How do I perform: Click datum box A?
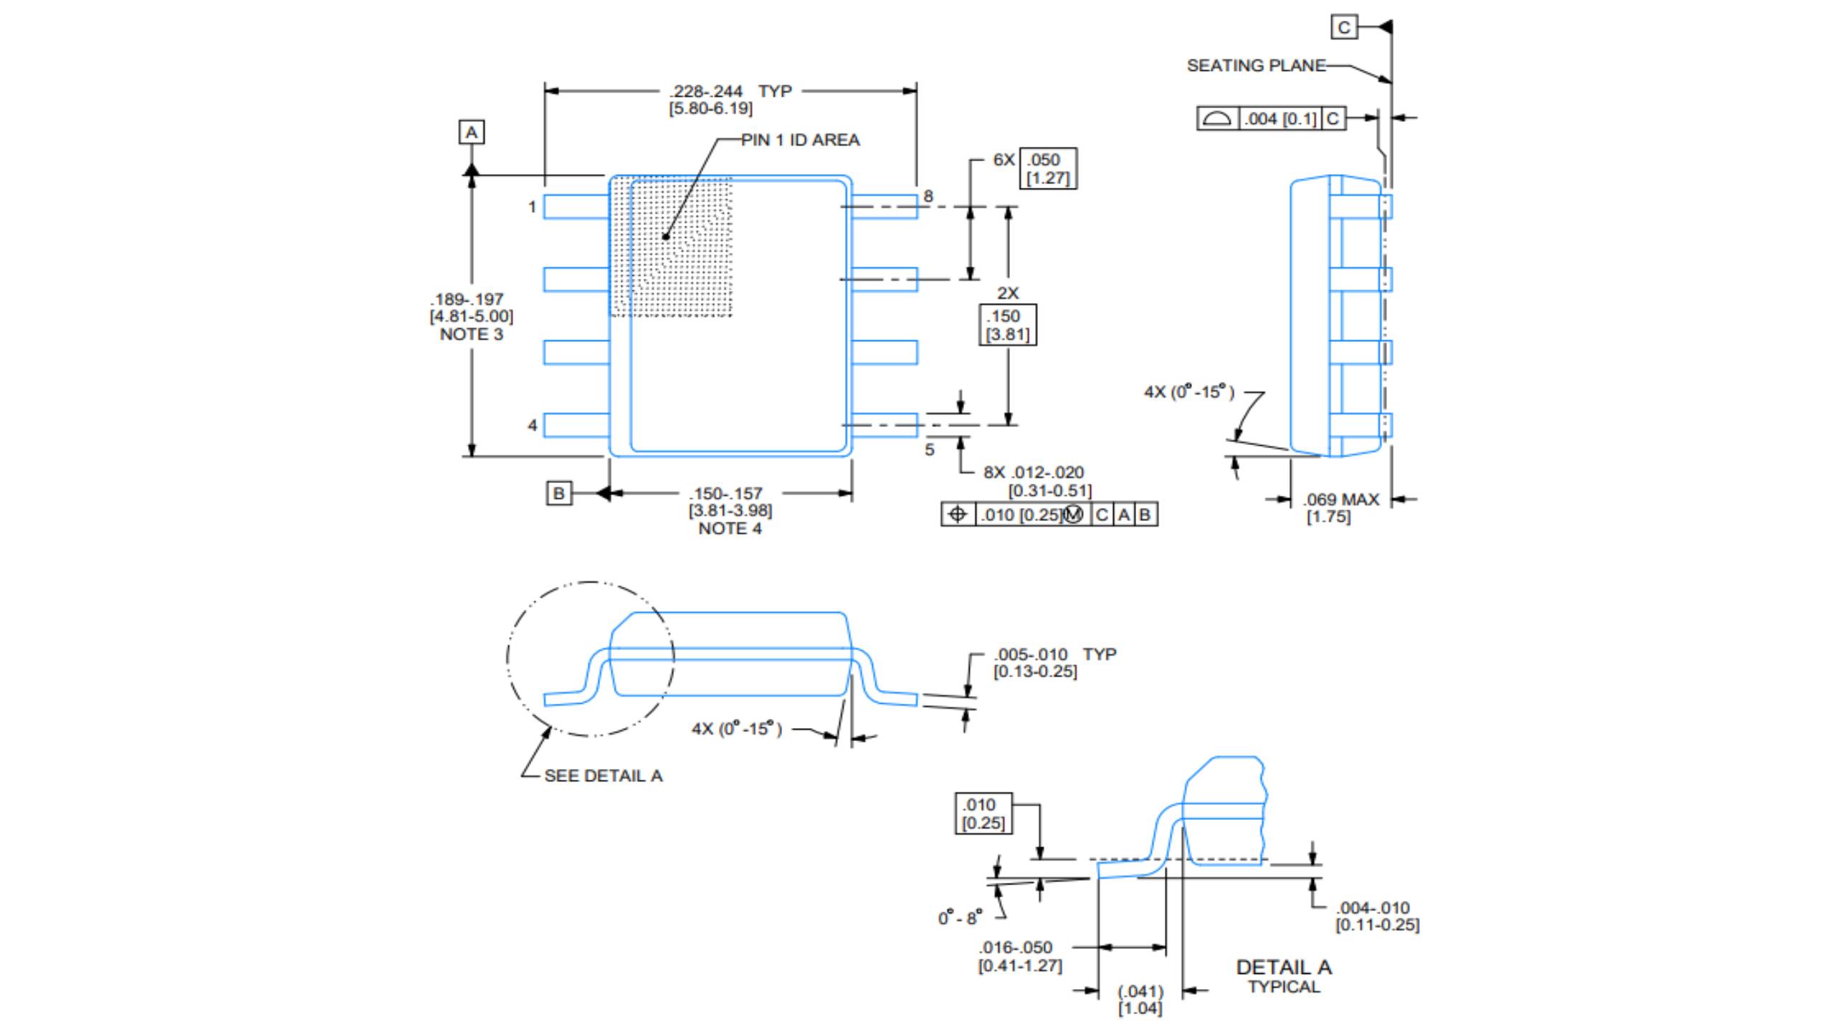471,132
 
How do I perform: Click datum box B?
558,493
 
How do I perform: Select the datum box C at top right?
1343,27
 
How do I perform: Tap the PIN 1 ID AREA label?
800,140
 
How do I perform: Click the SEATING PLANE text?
1256,65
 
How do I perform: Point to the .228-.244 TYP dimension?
730,91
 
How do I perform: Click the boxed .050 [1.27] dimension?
1047,169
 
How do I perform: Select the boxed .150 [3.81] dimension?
1007,325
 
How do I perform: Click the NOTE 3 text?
471,334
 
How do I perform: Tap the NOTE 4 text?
730,528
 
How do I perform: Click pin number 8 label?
928,196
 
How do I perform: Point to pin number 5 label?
929,449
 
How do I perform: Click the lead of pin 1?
576,206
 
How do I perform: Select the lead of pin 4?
576,425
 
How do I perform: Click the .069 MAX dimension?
1340,500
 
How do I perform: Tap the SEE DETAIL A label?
603,775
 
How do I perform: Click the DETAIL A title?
1283,967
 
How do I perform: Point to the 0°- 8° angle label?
960,917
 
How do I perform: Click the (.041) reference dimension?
1140,991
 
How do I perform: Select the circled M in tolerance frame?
1073,515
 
